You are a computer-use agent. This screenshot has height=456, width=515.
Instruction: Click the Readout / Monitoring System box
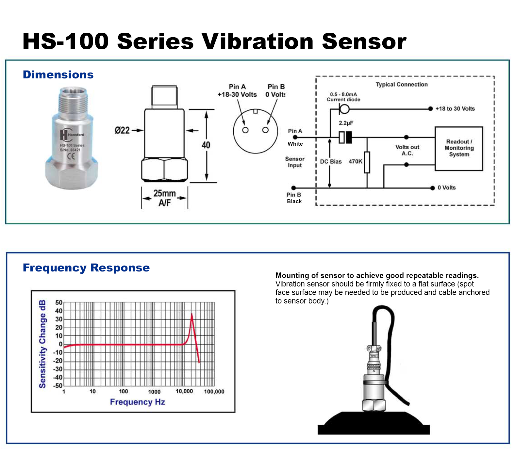click(458, 148)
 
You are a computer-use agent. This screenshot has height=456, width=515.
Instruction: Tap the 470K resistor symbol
click(367, 162)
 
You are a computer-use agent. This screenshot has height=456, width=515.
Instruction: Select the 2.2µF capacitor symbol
click(345, 137)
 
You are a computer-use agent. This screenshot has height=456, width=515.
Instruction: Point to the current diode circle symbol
click(344, 109)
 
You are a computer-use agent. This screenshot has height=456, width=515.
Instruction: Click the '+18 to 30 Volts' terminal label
click(455, 109)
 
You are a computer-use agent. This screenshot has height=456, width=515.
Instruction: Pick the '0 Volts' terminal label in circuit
click(446, 187)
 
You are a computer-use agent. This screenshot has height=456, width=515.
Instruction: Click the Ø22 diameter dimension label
click(122, 130)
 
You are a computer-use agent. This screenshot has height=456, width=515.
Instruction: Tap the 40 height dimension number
click(206, 145)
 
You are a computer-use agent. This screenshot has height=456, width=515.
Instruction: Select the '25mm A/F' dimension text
click(165, 198)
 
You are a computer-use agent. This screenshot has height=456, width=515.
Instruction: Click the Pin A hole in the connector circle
click(245, 130)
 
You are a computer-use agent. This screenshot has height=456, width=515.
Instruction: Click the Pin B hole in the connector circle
click(265, 130)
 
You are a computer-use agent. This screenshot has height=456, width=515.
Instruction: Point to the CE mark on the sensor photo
click(71, 156)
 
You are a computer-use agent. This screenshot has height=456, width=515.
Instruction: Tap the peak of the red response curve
click(192, 314)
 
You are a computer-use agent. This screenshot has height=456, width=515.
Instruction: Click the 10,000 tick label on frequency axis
click(184, 391)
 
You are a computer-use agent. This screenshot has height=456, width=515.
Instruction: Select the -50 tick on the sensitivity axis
click(58, 385)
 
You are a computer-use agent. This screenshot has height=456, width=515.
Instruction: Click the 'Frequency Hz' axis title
click(137, 402)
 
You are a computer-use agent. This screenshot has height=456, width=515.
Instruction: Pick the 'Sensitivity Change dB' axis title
click(42, 344)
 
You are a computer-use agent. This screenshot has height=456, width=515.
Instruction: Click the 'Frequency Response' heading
click(86, 268)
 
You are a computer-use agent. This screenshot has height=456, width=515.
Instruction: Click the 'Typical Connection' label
click(402, 84)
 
